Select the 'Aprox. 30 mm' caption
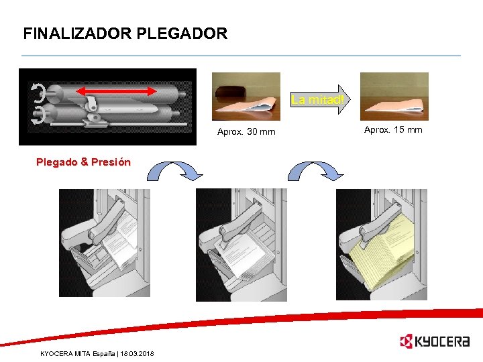coord(246,131)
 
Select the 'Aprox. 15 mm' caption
coord(393,129)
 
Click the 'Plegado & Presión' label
coord(83,162)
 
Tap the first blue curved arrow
coord(175,171)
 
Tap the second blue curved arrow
coord(315,171)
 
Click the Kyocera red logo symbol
coord(407,341)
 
